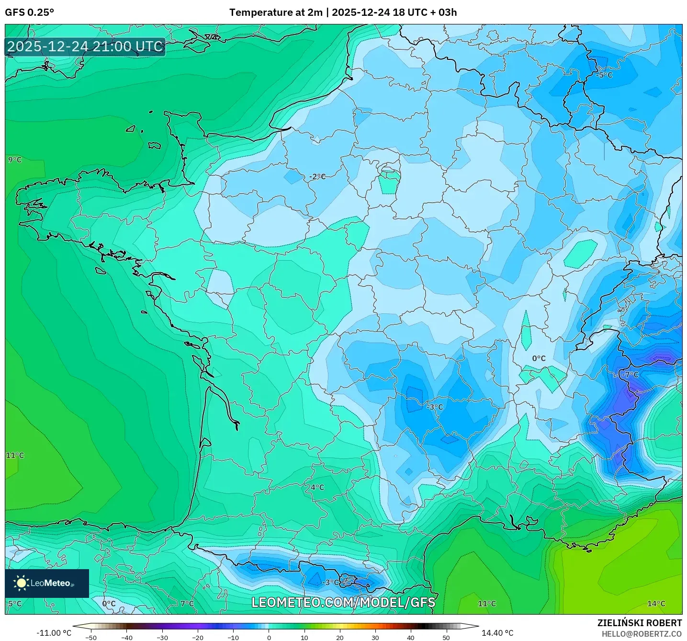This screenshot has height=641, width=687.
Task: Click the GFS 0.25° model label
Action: (x=29, y=12)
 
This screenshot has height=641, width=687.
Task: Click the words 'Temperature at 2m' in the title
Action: (x=276, y=12)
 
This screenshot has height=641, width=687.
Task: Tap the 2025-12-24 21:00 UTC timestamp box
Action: (x=85, y=47)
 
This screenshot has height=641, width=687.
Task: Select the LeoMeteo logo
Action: (x=46, y=583)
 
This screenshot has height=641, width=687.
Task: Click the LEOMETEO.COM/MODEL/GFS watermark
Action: (x=343, y=602)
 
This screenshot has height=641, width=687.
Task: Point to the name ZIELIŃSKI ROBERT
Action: (x=639, y=623)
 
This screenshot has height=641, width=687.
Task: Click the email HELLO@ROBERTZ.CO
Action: (x=642, y=634)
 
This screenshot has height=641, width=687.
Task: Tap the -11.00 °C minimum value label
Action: (x=54, y=633)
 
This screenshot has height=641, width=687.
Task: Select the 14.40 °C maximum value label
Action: (x=497, y=633)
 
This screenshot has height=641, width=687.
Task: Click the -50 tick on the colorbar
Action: (x=90, y=638)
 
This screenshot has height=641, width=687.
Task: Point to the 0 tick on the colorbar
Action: (x=269, y=638)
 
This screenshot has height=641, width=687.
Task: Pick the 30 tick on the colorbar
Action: (x=375, y=638)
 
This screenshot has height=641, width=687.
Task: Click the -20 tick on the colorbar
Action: (x=197, y=638)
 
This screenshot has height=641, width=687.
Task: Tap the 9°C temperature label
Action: (x=15, y=160)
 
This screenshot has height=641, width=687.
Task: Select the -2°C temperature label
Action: (x=317, y=176)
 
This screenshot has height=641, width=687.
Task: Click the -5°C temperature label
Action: (x=604, y=75)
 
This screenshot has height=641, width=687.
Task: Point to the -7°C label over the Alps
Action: (x=631, y=375)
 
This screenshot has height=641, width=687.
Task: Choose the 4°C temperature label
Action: (x=317, y=487)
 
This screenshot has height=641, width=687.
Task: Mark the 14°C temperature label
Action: (x=656, y=604)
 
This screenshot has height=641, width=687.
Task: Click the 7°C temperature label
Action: (x=187, y=604)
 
